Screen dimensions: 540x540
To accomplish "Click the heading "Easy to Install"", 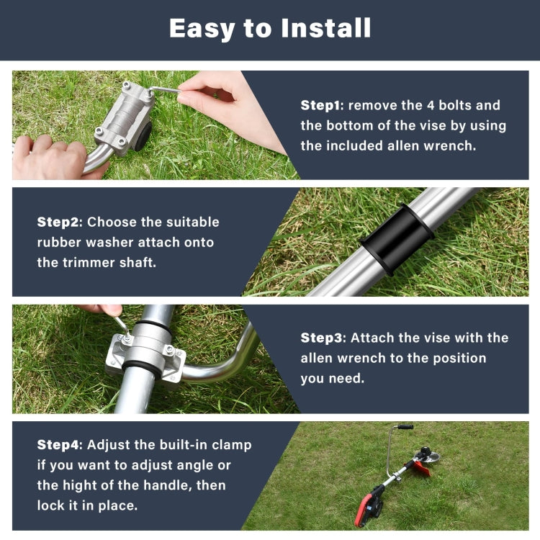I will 270,28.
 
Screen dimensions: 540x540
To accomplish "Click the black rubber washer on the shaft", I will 397,238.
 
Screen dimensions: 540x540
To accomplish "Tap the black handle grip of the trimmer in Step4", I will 405,427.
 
